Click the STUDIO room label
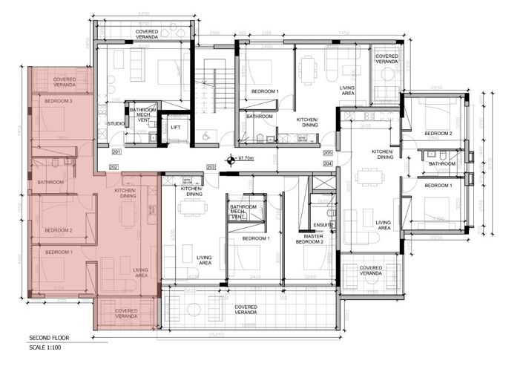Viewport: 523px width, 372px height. pyautogui.click(x=115, y=123)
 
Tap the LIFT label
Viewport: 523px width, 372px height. pyautogui.click(x=176, y=127)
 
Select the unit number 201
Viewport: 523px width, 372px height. pyautogui.click(x=116, y=151)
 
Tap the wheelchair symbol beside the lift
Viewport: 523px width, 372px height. pyautogui.click(x=205, y=135)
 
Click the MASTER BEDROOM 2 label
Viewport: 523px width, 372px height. pyautogui.click(x=310, y=238)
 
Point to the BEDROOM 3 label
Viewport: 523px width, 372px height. pyautogui.click(x=58, y=100)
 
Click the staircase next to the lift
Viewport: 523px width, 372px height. pyautogui.click(x=214, y=89)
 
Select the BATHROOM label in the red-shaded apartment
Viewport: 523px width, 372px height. pyautogui.click(x=51, y=182)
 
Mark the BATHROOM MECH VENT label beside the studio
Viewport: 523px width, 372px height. pyautogui.click(x=142, y=114)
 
